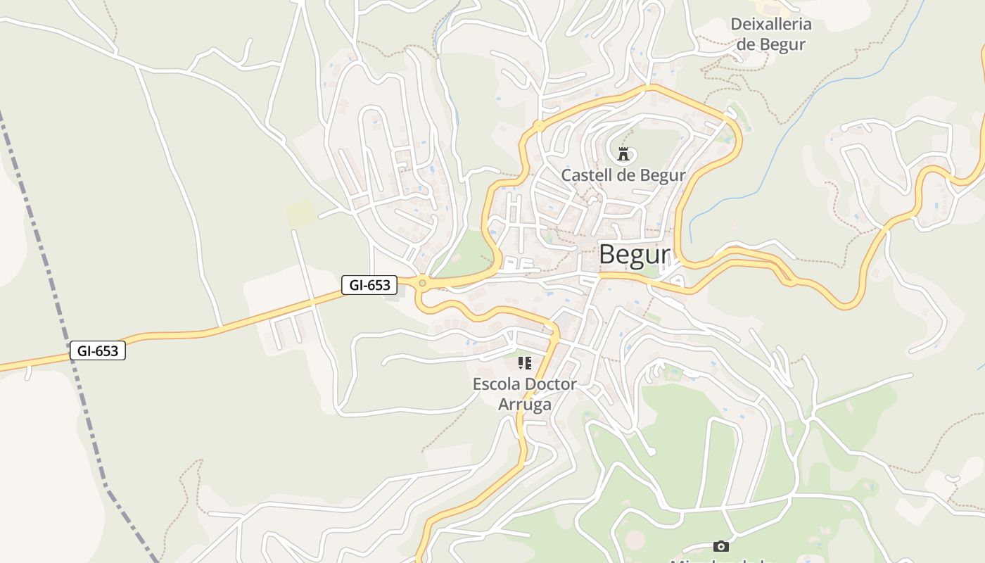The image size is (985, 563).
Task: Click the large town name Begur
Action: [633, 255]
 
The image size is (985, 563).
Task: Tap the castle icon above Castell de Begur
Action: [623, 153]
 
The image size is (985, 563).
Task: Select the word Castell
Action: [586, 175]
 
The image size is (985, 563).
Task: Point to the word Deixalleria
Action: [771, 25]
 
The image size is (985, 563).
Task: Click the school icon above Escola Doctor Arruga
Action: [524, 363]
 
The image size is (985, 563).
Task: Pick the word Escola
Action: [497, 384]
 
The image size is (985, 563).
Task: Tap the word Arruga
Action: [524, 405]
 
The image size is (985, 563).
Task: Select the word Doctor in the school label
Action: [552, 384]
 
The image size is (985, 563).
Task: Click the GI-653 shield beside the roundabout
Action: [369, 285]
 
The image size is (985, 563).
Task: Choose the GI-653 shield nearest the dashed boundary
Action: [98, 350]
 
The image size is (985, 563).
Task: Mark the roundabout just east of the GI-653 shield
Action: [422, 283]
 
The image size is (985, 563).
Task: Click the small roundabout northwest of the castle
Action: [539, 127]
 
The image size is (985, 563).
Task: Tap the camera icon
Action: [720, 546]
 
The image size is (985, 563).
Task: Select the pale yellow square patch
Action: [300, 213]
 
